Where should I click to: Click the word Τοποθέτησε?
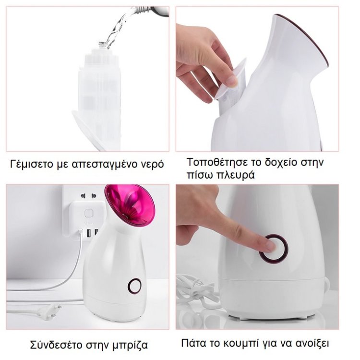(x=217, y=162)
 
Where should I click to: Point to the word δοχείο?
(x=281, y=162)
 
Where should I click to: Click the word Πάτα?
(x=193, y=343)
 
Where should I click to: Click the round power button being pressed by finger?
(x=274, y=249)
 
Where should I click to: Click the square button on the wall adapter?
(x=88, y=213)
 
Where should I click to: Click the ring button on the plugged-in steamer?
(x=134, y=286)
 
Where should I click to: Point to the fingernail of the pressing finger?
(x=272, y=246)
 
